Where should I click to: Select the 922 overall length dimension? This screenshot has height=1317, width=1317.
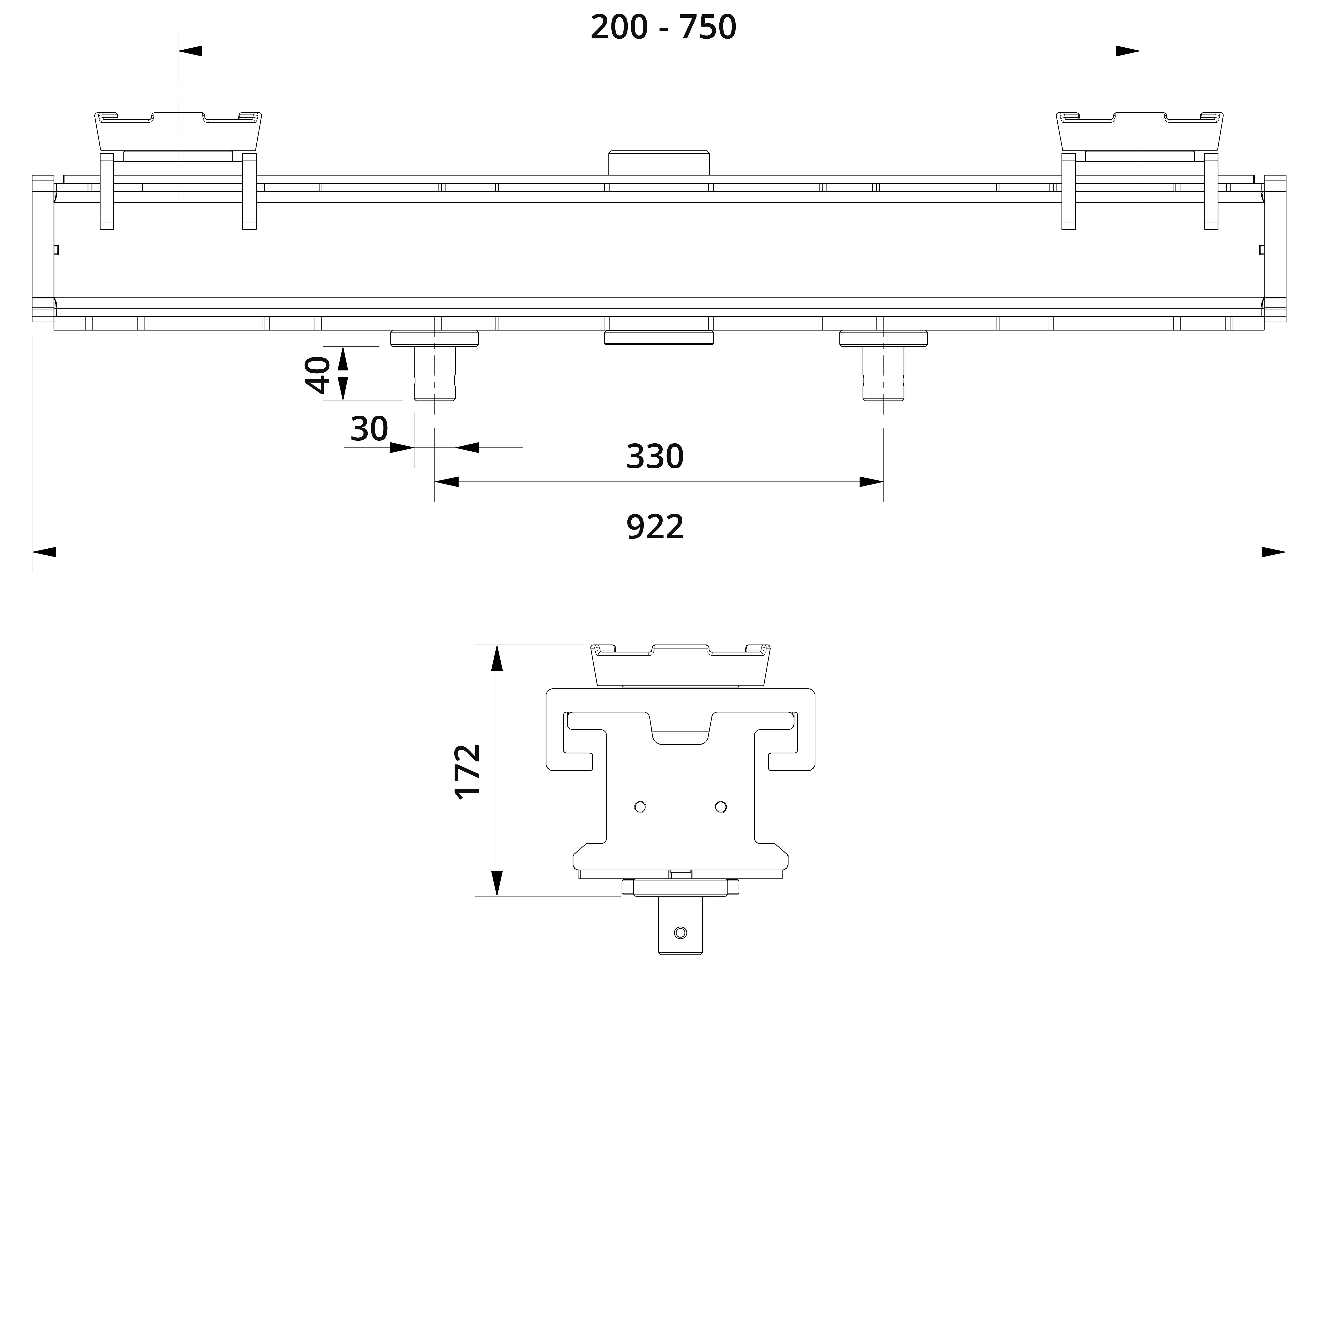[x=654, y=527]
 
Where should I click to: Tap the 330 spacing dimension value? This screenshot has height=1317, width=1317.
[x=654, y=457]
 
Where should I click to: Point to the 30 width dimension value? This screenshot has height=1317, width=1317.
[x=369, y=429]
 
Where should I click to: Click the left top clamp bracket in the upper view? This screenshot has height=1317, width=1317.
[x=178, y=131]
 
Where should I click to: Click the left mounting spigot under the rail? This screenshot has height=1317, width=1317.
[x=434, y=373]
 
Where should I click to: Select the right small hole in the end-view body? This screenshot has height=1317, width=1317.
[x=720, y=807]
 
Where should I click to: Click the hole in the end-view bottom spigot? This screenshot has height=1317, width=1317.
[x=680, y=933]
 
